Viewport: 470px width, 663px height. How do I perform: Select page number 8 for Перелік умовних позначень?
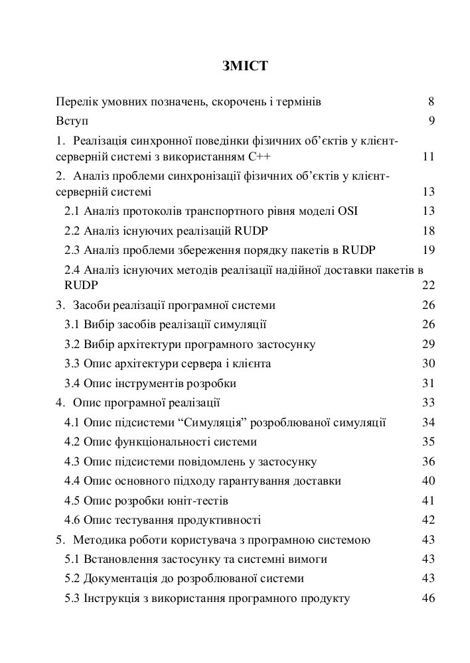pyautogui.click(x=431, y=102)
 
